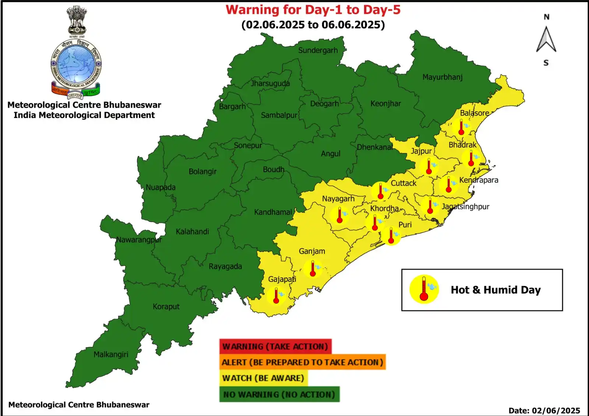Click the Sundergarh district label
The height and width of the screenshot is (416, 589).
(318, 50)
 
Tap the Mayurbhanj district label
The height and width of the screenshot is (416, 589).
(442, 77)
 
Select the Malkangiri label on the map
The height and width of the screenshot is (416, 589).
(111, 355)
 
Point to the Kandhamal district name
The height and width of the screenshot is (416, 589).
(273, 212)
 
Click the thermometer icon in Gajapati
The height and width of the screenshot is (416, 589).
(276, 295)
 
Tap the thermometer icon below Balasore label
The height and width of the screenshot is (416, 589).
(461, 127)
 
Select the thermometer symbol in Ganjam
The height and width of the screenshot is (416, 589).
(313, 269)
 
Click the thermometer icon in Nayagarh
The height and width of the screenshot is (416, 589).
(340, 215)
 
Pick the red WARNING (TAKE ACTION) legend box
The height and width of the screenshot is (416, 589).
(275, 346)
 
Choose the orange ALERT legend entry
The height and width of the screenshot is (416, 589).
(302, 362)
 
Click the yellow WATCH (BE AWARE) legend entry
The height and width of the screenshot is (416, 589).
(263, 378)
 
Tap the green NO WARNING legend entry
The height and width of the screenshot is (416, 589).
(279, 394)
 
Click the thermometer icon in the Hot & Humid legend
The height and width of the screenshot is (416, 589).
(424, 289)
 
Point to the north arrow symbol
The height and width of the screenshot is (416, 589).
(546, 40)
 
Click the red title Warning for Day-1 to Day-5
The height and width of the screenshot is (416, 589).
(313, 10)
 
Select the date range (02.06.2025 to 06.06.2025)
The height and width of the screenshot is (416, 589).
(313, 25)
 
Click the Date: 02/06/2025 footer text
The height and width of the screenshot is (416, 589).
(544, 410)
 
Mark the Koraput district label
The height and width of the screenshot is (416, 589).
(166, 307)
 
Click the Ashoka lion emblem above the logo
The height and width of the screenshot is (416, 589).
(77, 20)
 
